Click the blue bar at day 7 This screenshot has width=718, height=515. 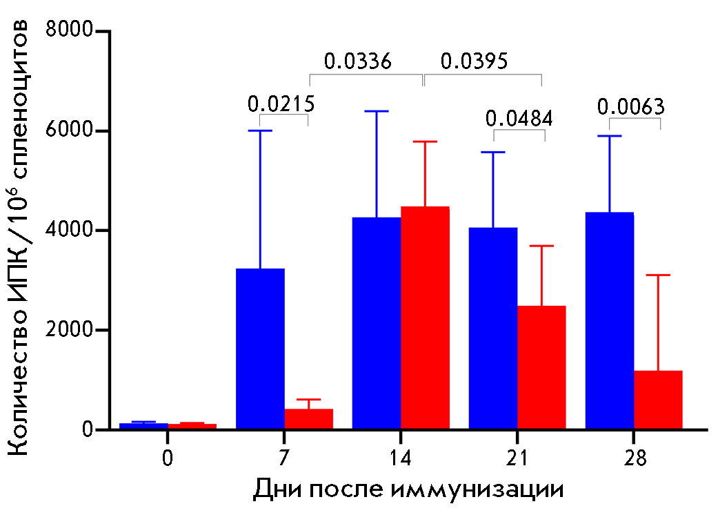pos(260,349)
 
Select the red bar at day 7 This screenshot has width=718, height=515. pos(309,419)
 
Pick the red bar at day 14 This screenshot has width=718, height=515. pos(425,318)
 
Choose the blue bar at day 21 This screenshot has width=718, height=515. pos(493,328)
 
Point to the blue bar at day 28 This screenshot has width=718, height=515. pos(609,320)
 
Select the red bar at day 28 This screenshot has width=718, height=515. pos(658,400)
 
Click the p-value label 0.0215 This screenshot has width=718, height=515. pos(281,104)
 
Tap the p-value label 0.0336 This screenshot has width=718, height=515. pos(358,61)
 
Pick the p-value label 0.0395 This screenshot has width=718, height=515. pos(474,61)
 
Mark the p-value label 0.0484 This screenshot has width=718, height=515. pos(519,119)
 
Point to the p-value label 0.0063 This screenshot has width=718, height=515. pos(631,107)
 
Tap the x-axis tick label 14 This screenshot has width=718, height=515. pos(400,459)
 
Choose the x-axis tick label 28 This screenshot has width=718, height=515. pos(633,459)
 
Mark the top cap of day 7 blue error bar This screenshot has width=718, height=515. pos(260,130)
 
